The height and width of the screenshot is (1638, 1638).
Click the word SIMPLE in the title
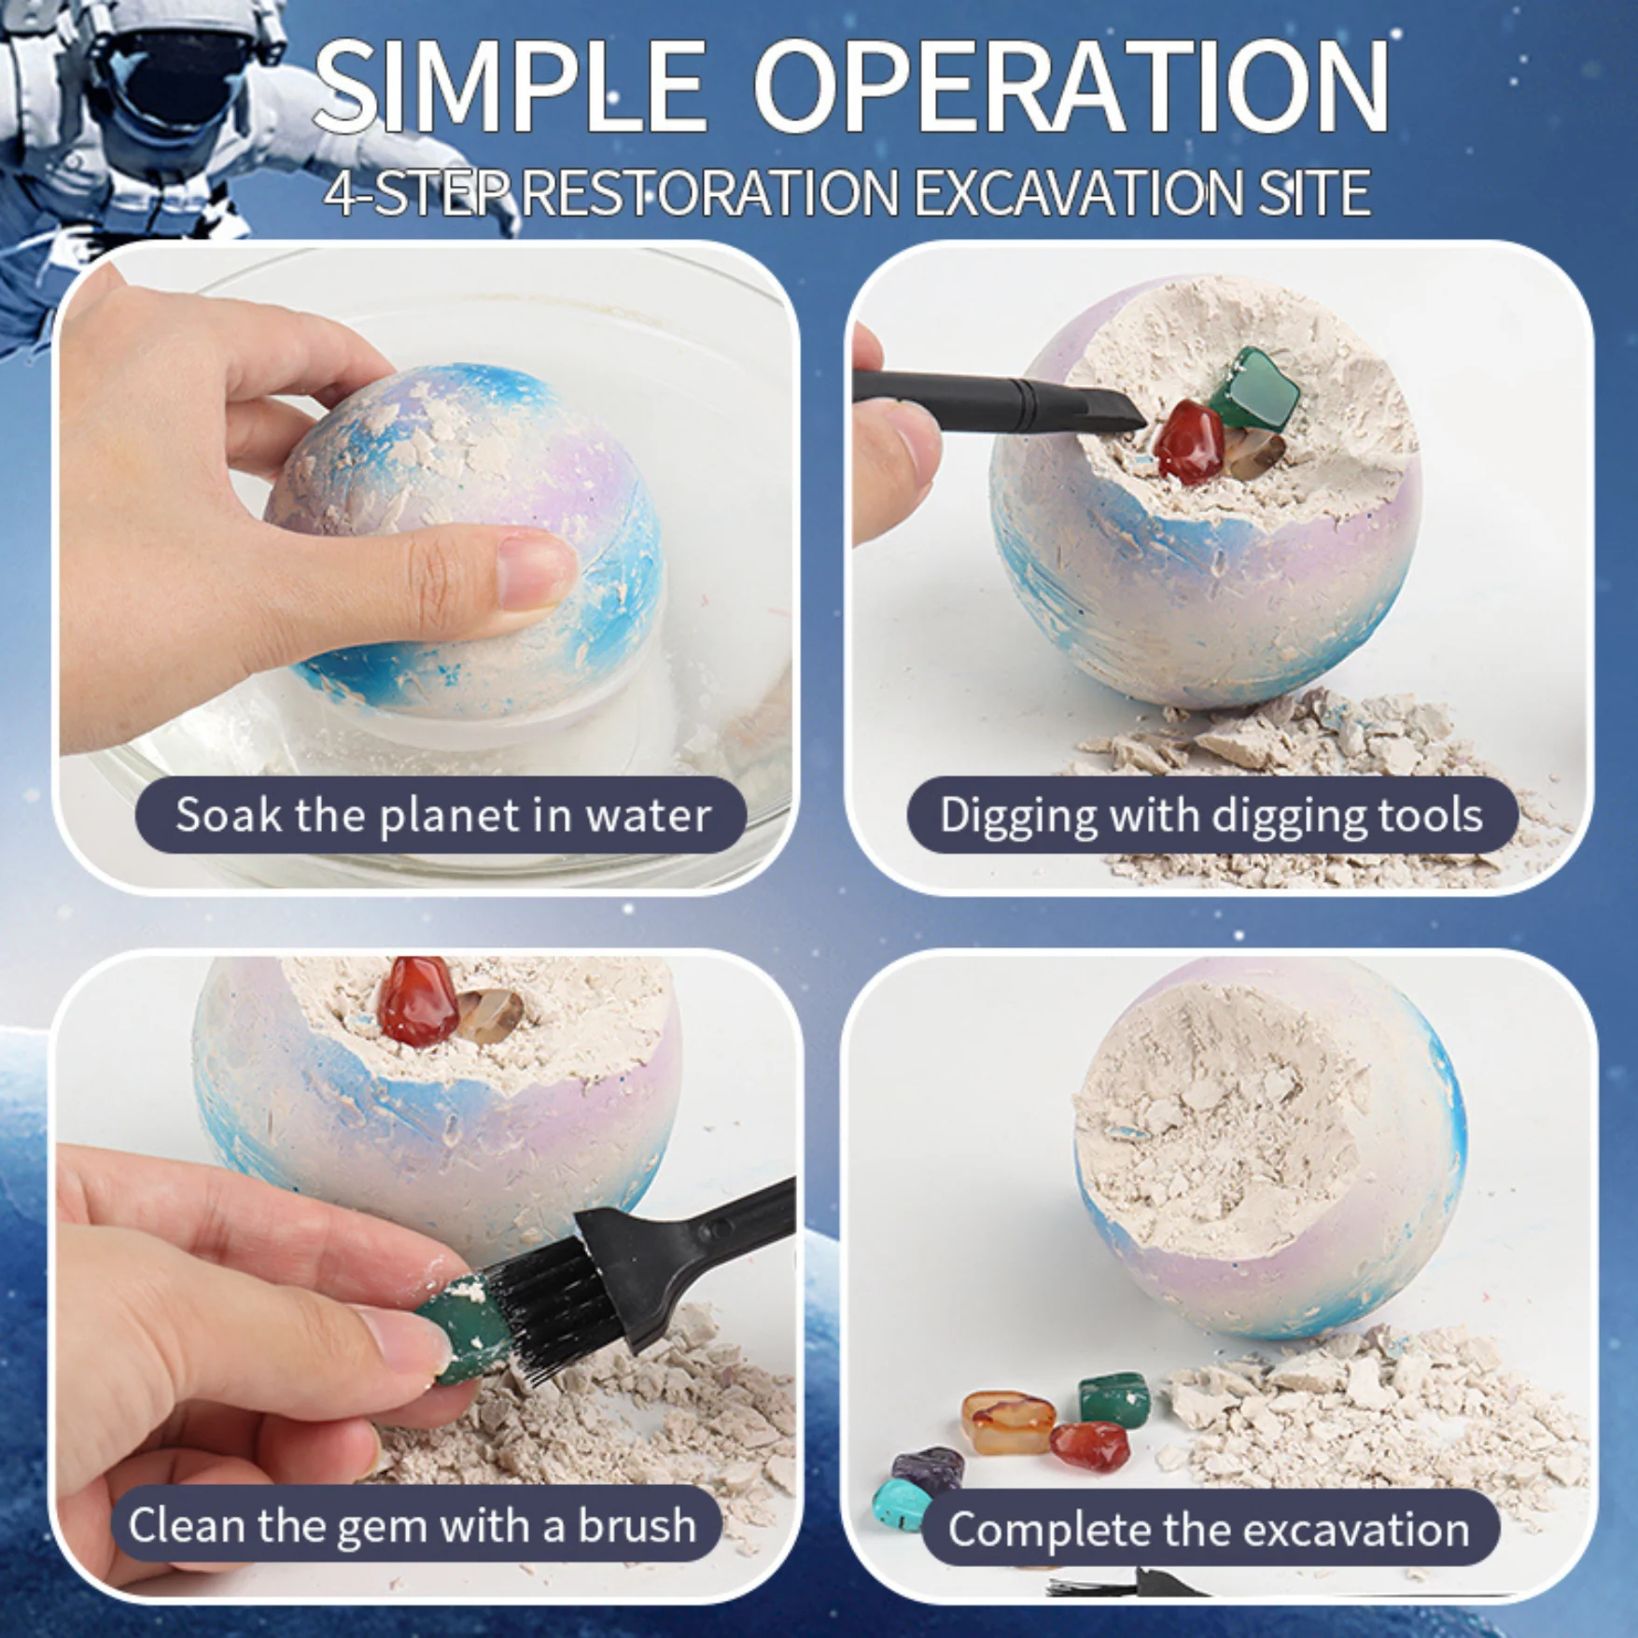(510, 86)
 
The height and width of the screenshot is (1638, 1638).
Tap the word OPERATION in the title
(1071, 86)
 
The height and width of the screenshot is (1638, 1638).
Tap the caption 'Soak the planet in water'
(443, 815)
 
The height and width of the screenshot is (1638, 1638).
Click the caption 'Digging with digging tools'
(1211, 815)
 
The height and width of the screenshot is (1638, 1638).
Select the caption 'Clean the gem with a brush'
(412, 1525)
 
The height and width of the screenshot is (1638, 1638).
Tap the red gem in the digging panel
(1188, 441)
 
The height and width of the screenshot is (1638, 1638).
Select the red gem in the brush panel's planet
(417, 1001)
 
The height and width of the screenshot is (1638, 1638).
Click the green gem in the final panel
(1114, 1397)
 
